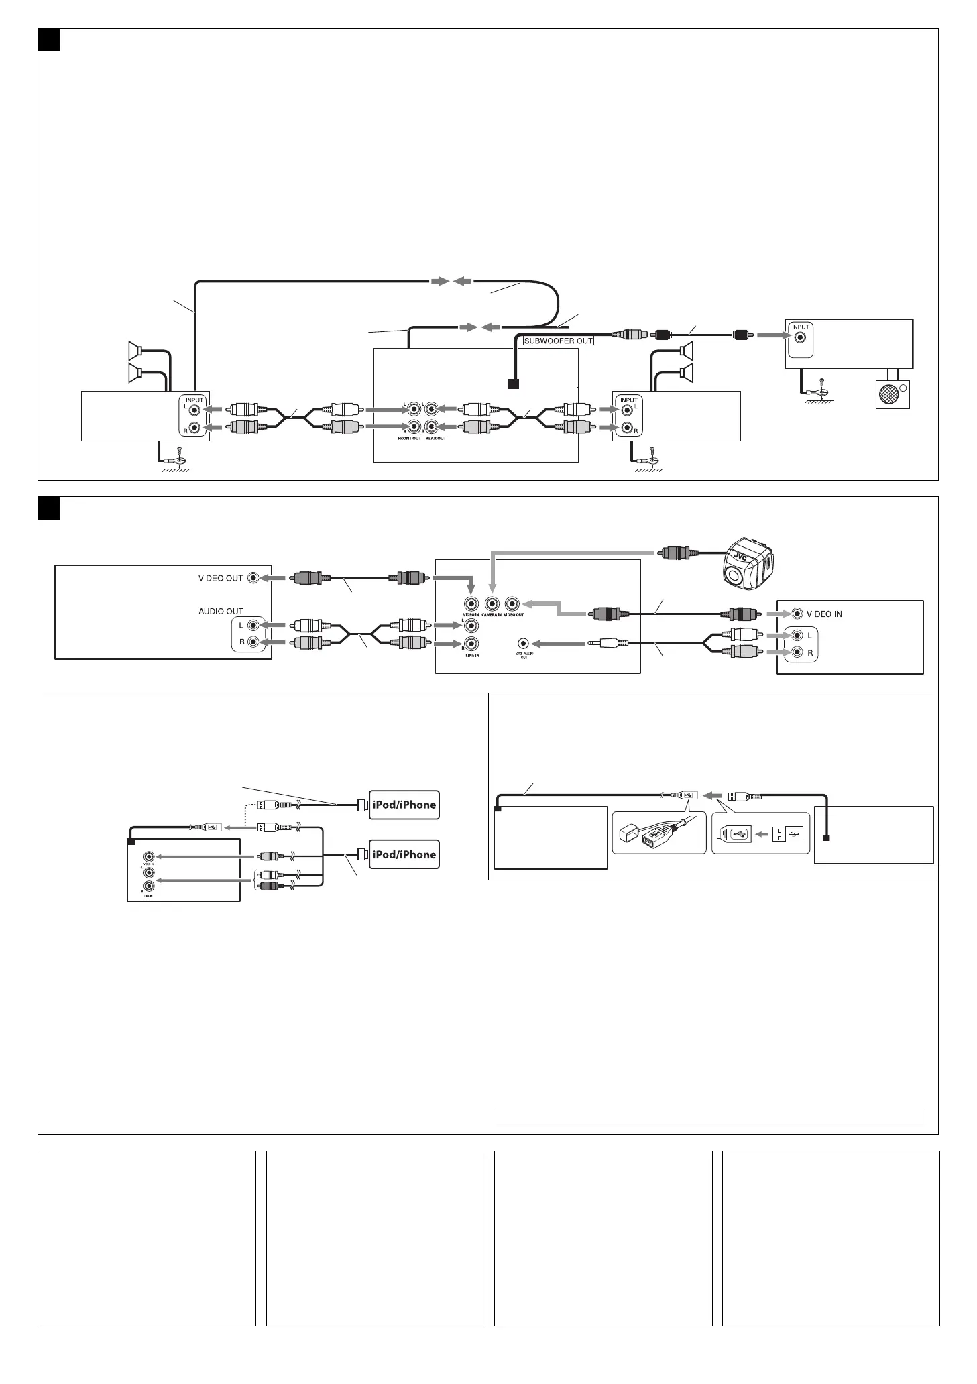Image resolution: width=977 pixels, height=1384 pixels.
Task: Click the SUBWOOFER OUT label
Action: pyautogui.click(x=558, y=341)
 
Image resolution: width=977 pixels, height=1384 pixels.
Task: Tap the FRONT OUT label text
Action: pyautogui.click(x=409, y=438)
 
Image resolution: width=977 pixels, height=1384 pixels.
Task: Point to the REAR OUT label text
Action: pyautogui.click(x=436, y=438)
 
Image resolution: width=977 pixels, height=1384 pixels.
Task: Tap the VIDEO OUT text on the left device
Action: pyautogui.click(x=221, y=578)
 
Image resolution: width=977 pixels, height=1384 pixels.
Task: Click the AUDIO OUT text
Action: pyautogui.click(x=221, y=611)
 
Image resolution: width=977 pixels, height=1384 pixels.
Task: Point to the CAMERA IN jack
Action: pyautogui.click(x=492, y=603)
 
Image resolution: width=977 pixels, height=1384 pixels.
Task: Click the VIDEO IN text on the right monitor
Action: pyautogui.click(x=824, y=614)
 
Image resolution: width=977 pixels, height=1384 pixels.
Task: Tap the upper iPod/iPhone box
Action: pyautogui.click(x=404, y=805)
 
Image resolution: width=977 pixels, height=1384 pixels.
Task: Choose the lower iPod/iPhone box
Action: pyautogui.click(x=404, y=854)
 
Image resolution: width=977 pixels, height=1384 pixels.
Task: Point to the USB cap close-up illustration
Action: pyautogui.click(x=659, y=834)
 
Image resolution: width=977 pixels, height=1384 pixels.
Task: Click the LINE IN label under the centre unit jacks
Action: pyautogui.click(x=472, y=655)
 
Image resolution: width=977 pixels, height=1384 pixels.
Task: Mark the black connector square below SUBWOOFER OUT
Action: pyautogui.click(x=513, y=384)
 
